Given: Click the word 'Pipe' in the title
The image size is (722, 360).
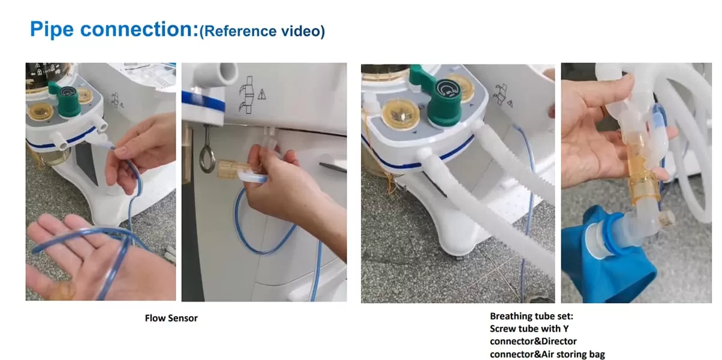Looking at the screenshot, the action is coord(52,29).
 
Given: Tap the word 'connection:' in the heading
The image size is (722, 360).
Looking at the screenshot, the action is coord(139,29).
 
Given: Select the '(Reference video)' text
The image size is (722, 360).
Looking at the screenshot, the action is coord(262,31).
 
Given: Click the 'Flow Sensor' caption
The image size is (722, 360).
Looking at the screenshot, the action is coord(171,318).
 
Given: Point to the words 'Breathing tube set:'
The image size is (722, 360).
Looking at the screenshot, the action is coord(531,316).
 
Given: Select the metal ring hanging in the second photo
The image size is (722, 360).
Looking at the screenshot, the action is coord(207,158).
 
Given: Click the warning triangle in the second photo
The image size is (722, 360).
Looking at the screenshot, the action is coord(262,95).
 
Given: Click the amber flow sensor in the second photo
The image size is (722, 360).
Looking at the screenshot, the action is coord(233,169).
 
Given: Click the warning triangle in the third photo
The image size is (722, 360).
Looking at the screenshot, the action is coord(510,104).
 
